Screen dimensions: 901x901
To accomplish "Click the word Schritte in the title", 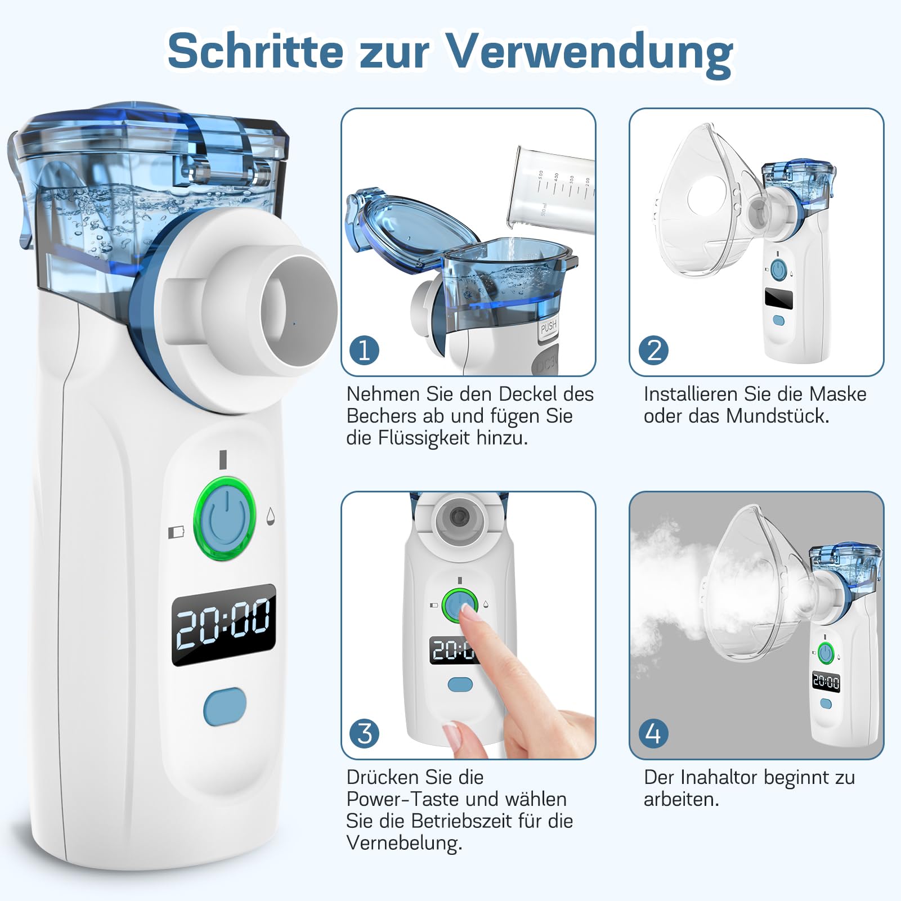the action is [255, 51].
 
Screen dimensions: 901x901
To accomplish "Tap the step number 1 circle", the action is [364, 350].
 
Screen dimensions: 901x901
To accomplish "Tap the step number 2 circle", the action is [653, 350].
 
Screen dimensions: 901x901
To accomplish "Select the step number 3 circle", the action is [364, 733].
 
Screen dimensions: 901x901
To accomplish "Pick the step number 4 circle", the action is [653, 733].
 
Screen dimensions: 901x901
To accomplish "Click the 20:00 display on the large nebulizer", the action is [223, 624].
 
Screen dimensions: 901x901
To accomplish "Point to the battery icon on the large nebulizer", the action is [176, 531].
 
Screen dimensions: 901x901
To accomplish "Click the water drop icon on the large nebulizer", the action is [271, 516].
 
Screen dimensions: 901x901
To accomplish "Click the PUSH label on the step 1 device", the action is [548, 326].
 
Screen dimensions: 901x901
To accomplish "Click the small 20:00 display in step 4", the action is [826, 683].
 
